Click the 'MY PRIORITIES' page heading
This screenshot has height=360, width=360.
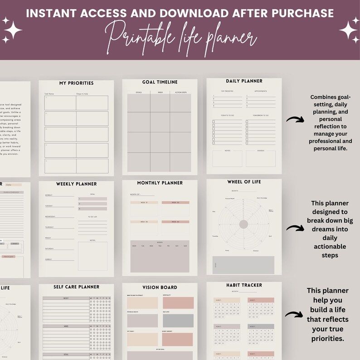tap(76, 83)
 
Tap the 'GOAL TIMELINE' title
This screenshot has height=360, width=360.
tap(160, 82)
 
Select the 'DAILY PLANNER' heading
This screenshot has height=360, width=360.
tap(244, 81)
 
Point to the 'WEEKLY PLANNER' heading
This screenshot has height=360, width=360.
tap(76, 184)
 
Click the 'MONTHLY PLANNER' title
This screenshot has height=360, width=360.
tap(160, 183)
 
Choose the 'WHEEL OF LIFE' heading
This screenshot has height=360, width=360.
tap(244, 182)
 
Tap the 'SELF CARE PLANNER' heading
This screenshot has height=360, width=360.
tap(76, 287)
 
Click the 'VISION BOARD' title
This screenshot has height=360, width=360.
tap(160, 287)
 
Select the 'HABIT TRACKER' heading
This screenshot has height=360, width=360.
tap(244, 285)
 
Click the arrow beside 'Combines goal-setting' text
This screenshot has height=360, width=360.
tap(295, 120)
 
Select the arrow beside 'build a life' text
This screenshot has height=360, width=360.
tap(294, 314)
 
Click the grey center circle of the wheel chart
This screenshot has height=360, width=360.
tap(243, 224)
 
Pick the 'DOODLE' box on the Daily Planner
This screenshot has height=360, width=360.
tap(261, 158)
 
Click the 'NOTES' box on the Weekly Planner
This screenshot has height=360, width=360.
tap(92, 256)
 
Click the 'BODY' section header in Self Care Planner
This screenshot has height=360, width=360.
tap(66, 299)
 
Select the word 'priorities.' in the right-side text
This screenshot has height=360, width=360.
tap(327, 338)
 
